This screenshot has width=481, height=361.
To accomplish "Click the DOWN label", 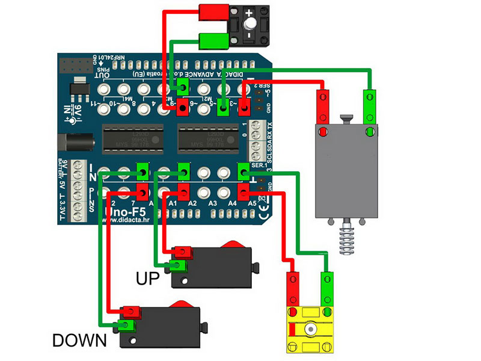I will (x=79, y=340).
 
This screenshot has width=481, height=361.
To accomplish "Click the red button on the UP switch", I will (x=233, y=244).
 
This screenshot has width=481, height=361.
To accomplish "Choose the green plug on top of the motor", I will (x=369, y=97).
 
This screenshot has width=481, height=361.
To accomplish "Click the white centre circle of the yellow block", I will (x=310, y=330).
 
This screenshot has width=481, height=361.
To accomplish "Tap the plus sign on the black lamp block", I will (x=265, y=12).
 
